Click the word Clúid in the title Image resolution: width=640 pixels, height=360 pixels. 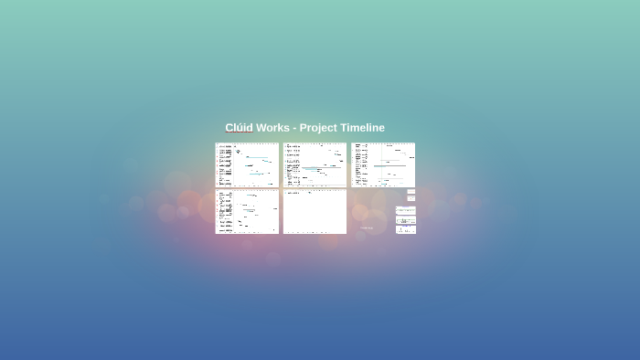click(239, 128)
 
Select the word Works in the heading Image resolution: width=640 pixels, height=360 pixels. click(272, 128)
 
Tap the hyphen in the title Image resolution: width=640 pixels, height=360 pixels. click(294, 128)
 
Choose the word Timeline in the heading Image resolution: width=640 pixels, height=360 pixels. click(363, 128)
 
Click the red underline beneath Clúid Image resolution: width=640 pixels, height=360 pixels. click(239, 133)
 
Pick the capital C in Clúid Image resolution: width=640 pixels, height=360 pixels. click(229, 128)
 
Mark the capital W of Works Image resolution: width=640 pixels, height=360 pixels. click(261, 128)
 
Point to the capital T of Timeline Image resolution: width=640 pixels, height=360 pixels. click(346, 128)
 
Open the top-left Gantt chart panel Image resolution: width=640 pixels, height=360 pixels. click(247, 164)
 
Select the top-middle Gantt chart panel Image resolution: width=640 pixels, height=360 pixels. click(315, 164)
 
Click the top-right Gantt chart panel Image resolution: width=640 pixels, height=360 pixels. click(383, 164)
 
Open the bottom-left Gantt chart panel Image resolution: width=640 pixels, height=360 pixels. click(247, 212)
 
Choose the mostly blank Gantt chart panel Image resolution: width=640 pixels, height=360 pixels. click(315, 212)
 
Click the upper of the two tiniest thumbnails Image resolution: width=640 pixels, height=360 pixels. click(411, 191)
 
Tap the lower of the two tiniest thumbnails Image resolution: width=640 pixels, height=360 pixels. click(411, 197)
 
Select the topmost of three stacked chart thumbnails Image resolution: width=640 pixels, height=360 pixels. click(405, 210)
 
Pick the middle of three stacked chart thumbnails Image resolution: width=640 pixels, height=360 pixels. click(405, 220)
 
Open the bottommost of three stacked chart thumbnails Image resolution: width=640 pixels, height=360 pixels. click(405, 229)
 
